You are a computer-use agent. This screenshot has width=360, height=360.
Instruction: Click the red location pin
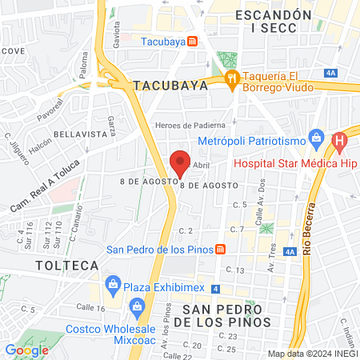click(x=180, y=162)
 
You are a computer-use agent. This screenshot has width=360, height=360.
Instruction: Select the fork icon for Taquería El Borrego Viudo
click(x=233, y=78)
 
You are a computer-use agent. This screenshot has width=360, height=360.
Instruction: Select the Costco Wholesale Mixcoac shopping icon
click(x=138, y=306)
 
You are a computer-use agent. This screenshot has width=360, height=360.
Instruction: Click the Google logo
click(x=26, y=350)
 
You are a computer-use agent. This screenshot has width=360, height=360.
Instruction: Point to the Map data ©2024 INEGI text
click(x=312, y=354)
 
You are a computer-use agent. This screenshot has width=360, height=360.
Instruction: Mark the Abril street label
click(x=201, y=164)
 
